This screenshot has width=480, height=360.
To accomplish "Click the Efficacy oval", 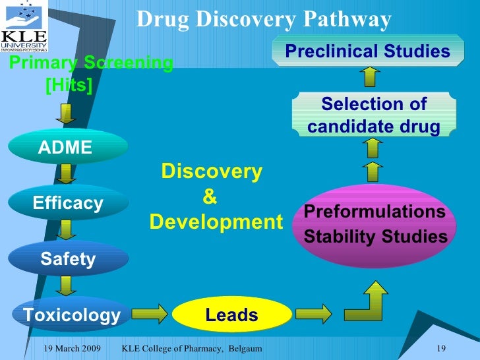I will click(x=68, y=203).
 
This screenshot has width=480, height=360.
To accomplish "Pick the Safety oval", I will click(x=68, y=259).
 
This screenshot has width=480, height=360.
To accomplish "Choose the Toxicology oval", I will click(x=72, y=315).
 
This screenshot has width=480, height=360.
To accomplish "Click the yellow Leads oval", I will click(x=231, y=315).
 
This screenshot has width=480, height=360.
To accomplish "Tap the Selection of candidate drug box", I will click(x=373, y=115).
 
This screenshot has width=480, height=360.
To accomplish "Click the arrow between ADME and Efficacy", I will click(x=67, y=175).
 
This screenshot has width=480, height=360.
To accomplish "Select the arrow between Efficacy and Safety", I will click(x=67, y=231).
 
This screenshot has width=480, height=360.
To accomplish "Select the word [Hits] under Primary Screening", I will click(x=68, y=85).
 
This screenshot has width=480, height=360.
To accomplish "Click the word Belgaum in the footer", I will click(x=241, y=347).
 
